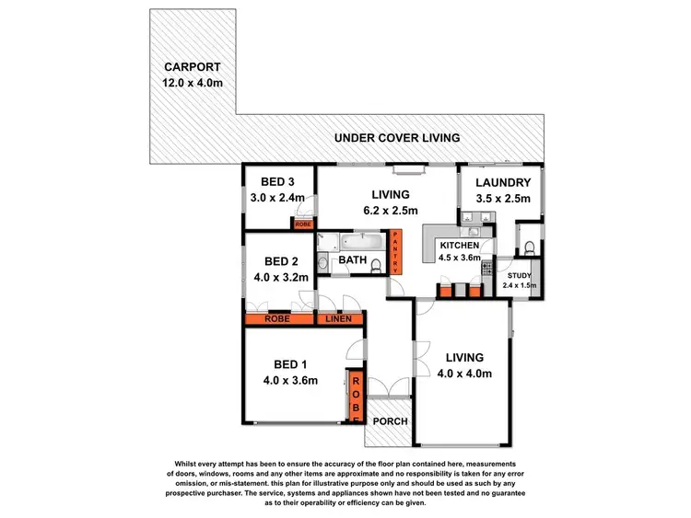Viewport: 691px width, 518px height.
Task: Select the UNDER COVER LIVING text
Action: [397, 138]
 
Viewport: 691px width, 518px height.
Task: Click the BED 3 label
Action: [277, 181]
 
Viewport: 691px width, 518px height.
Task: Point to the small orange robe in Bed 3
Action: [303, 224]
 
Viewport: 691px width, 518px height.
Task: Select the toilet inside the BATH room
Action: [322, 264]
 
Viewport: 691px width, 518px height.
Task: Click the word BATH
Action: [353, 261]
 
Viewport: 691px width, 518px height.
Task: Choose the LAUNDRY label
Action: [503, 182]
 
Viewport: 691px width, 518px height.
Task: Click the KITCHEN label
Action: [458, 246]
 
